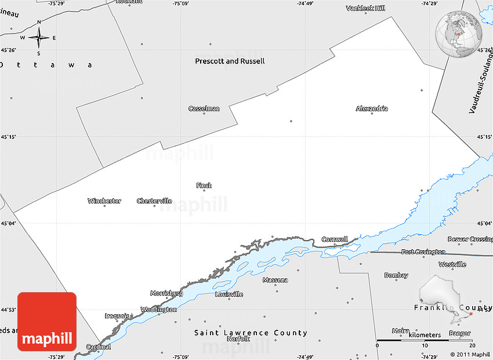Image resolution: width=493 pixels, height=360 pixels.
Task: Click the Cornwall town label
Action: (335, 239)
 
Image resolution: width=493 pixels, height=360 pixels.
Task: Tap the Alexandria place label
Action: (372, 108)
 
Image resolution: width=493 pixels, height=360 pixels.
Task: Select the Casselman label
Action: (204, 108)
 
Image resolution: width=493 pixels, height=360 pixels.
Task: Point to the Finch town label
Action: (204, 186)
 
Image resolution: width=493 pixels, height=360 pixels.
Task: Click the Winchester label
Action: (104, 201)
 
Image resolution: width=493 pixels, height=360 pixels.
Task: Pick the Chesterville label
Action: (154, 201)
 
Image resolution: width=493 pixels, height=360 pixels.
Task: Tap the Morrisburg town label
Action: (166, 293)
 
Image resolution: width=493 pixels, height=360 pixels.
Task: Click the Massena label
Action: (275, 280)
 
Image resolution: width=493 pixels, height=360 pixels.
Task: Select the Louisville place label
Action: (229, 294)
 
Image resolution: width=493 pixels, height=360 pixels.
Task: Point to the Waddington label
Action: (158, 310)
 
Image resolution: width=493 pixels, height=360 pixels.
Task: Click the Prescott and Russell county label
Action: (230, 61)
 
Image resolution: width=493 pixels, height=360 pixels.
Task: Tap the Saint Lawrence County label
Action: (251, 333)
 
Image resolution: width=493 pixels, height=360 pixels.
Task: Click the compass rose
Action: (39, 38)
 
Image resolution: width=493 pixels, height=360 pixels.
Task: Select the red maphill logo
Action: (47, 321)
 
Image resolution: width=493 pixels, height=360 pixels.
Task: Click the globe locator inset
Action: (459, 34)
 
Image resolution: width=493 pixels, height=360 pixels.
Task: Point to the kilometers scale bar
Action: (426, 340)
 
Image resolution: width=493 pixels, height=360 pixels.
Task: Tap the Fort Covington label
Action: (423, 252)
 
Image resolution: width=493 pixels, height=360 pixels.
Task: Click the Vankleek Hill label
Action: (365, 8)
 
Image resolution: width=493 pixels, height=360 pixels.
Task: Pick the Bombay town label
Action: (396, 275)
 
